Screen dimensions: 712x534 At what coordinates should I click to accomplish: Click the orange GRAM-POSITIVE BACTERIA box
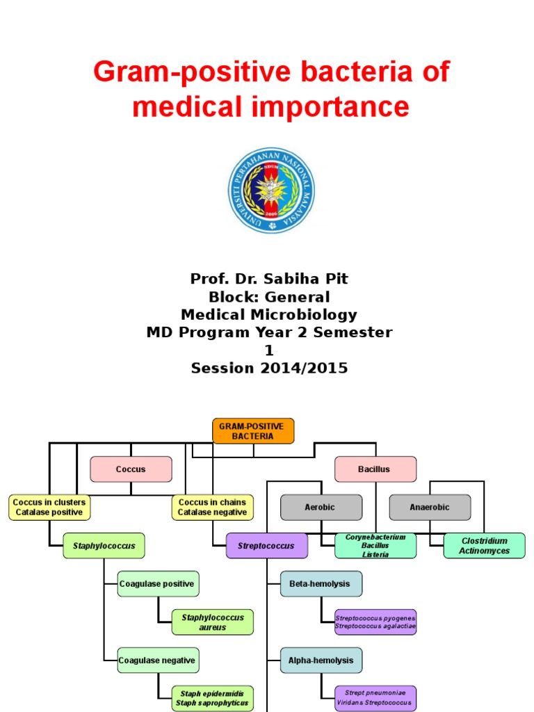pos(253,431)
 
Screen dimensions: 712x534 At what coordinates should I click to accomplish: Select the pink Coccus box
pos(131,469)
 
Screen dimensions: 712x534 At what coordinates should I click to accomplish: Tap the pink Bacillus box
pos(375,469)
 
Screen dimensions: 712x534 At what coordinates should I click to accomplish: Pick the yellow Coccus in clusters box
pos(49,507)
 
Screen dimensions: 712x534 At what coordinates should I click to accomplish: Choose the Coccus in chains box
pos(212,507)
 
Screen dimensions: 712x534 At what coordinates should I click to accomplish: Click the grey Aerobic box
pos(321,507)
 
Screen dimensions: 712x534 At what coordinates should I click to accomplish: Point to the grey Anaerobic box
pos(429,507)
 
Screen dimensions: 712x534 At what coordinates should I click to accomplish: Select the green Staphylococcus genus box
pos(104,546)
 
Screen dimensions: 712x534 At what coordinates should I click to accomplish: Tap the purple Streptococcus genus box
pos(266,546)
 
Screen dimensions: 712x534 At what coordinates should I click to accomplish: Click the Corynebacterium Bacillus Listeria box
pos(375,546)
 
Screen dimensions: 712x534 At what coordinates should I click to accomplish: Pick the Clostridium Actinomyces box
pos(484,546)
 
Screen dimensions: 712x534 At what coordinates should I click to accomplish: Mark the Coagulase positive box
pos(158,583)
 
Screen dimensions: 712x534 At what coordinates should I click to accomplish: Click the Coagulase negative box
pos(158,660)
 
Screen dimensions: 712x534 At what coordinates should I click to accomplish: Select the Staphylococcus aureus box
pos(213,622)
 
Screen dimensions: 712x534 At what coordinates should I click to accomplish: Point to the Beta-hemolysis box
pos(321,583)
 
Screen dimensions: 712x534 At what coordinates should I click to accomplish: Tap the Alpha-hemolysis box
pos(321,660)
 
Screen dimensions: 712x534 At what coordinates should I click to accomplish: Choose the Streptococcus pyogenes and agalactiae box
pos(375,622)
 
